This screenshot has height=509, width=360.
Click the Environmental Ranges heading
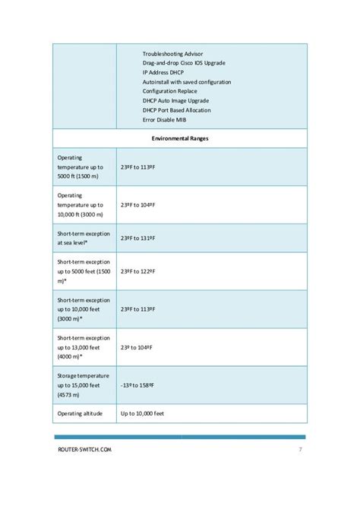180,139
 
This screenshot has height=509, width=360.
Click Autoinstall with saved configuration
187,81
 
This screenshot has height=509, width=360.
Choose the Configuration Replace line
171,91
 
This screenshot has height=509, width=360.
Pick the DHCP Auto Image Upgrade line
175,100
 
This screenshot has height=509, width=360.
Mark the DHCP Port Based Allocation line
177,110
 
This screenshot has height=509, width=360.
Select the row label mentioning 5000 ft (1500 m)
84,166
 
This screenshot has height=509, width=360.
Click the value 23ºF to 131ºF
138,238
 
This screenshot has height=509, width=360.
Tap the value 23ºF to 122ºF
138,271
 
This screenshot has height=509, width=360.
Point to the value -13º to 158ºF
141,384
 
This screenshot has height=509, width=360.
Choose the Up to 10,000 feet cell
142,414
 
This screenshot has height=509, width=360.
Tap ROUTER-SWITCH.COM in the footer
85,450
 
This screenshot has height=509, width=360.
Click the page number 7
301,450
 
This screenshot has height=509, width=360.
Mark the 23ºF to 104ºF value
138,204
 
